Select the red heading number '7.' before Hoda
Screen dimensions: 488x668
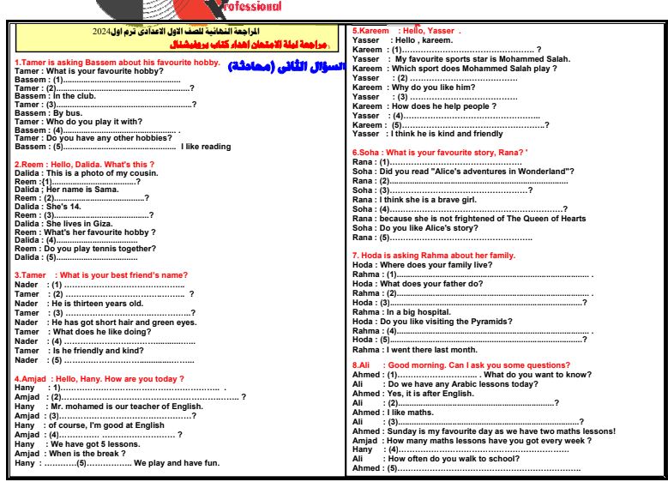(x=356, y=256)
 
